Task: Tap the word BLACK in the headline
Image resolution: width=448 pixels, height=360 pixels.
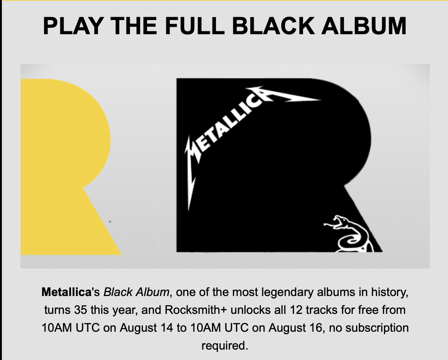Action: [x=273, y=26]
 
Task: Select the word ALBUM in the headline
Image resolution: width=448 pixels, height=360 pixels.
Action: [x=364, y=26]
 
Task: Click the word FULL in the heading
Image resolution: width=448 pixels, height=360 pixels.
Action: [x=195, y=26]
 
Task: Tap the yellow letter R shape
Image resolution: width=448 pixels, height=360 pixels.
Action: [x=67, y=167]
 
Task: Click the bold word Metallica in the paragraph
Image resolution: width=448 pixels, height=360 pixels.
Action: [x=66, y=292]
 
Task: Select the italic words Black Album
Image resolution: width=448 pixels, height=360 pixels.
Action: [x=136, y=292]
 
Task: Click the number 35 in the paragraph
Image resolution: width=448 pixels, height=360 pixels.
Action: [x=81, y=310]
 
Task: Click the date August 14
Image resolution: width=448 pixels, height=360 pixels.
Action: [x=146, y=328]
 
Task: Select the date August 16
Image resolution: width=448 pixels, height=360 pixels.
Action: [x=295, y=328]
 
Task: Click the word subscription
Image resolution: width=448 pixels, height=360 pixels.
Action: [x=377, y=328]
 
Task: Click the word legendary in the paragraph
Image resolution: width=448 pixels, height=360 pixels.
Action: [x=287, y=292]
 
